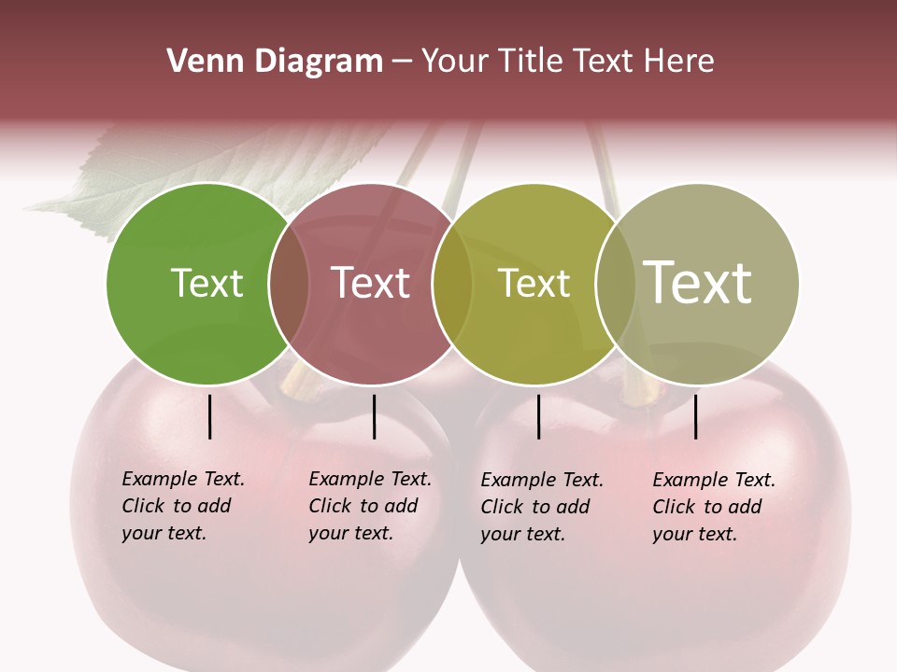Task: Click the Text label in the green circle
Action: pyautogui.click(x=206, y=283)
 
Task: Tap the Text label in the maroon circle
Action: pyautogui.click(x=370, y=283)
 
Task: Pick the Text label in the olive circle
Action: pyautogui.click(x=534, y=283)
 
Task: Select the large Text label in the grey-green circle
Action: pyautogui.click(x=698, y=283)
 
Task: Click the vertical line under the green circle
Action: pyautogui.click(x=210, y=416)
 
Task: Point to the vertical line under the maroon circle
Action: pyautogui.click(x=374, y=416)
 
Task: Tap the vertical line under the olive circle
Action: pyautogui.click(x=538, y=416)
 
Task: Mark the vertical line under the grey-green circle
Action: pyautogui.click(x=696, y=416)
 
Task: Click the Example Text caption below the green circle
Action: pyautogui.click(x=182, y=506)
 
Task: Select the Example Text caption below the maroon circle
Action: pyautogui.click(x=369, y=506)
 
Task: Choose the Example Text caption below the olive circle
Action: pyautogui.click(x=541, y=507)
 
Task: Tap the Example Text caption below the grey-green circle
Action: pyautogui.click(x=713, y=507)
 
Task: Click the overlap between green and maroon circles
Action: pyautogui.click(x=289, y=284)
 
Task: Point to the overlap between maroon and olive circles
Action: pyautogui.click(x=452, y=284)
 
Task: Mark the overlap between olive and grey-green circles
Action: pyautogui.click(x=615, y=284)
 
